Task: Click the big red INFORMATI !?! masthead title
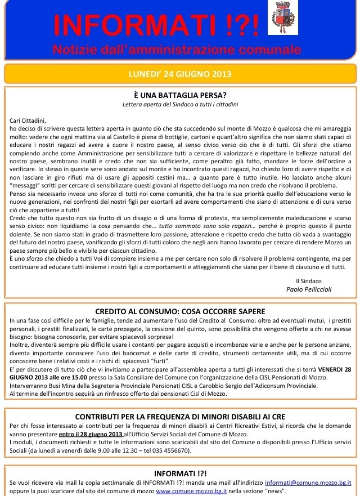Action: pyautogui.click(x=157, y=25)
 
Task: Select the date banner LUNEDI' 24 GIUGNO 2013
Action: pyautogui.click(x=180, y=74)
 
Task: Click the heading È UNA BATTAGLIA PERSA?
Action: pyautogui.click(x=180, y=95)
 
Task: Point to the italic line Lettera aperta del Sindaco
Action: pyautogui.click(x=180, y=104)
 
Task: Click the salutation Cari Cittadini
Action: pyautogui.click(x=28, y=120)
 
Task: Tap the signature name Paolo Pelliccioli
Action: pyautogui.click(x=309, y=288)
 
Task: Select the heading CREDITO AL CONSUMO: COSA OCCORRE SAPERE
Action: pyautogui.click(x=180, y=311)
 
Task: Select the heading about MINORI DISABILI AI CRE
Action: pyautogui.click(x=180, y=417)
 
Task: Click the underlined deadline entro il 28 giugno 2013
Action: pyautogui.click(x=91, y=434)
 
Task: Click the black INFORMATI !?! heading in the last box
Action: pyautogui.click(x=180, y=473)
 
